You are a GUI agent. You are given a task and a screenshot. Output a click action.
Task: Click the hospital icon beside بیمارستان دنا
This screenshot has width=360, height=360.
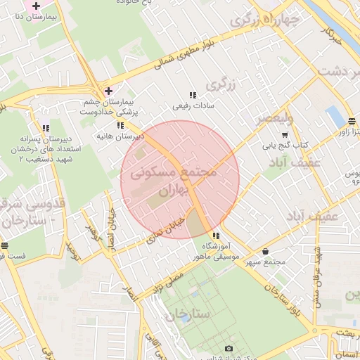(x=36, y=6)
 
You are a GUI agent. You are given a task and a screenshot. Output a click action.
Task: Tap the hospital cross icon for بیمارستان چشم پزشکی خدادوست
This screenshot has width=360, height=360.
(x=108, y=91)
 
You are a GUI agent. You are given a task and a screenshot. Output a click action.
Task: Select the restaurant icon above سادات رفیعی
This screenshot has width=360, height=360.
(x=192, y=96)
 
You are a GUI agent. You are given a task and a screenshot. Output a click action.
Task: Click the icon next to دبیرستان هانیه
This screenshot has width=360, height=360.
(x=121, y=124)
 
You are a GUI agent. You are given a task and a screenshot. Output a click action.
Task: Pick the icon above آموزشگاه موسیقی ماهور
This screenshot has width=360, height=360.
(x=216, y=236)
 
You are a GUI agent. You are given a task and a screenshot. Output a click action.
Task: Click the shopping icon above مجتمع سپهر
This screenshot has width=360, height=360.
(x=265, y=252)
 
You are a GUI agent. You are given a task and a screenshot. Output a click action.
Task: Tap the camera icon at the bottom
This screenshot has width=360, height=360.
(x=228, y=349)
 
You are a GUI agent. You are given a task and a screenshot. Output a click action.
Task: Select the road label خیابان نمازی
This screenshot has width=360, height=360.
(x=167, y=232)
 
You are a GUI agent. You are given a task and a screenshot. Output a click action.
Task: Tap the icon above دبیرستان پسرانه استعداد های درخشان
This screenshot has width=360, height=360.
(x=46, y=129)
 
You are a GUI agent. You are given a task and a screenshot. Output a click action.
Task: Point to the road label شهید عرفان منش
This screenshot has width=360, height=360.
(x=318, y=271)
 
